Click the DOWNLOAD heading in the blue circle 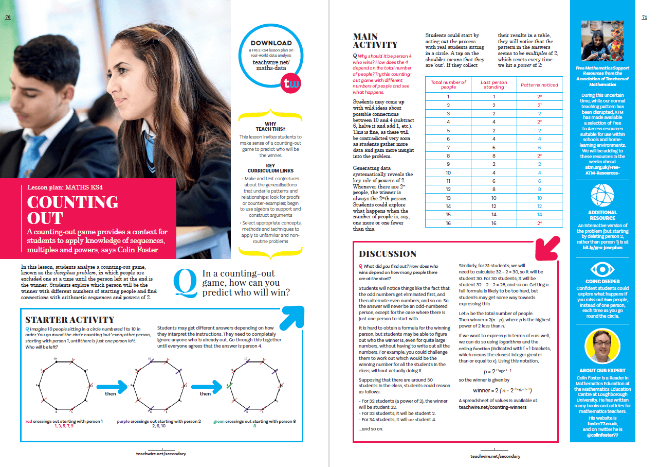[271, 43]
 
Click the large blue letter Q [185, 284]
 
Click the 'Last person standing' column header [493, 84]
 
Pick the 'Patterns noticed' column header [539, 85]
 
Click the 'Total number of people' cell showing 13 [448, 198]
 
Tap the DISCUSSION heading [388, 254]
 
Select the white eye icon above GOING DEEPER [602, 268]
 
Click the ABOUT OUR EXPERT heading [602, 370]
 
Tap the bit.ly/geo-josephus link [602, 247]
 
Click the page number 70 [8, 17]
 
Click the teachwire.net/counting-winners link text [492, 407]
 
